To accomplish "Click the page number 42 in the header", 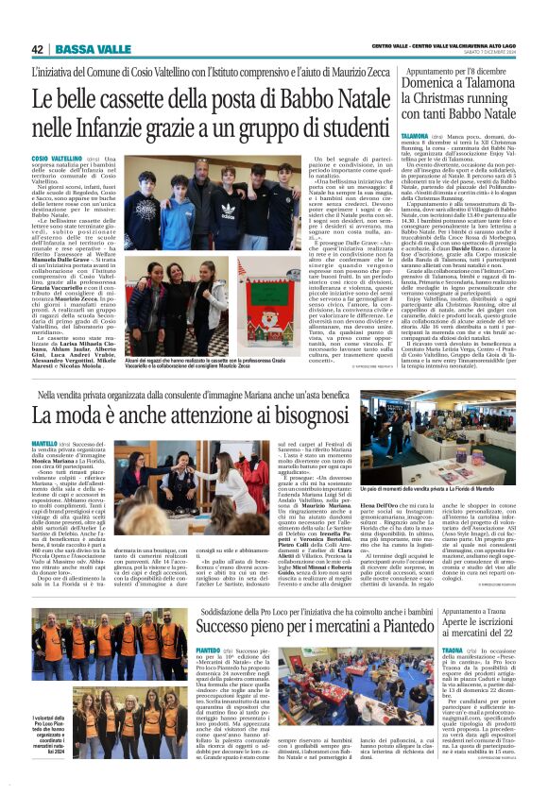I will (38, 49).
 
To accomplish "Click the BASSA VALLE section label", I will (79, 49).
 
